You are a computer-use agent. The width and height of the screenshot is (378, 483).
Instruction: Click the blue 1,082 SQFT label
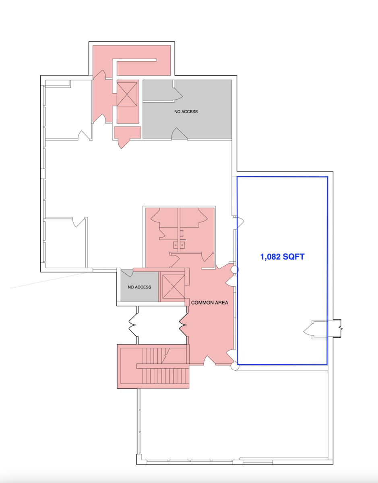click(282, 257)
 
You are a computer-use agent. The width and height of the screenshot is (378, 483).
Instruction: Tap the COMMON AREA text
click(210, 303)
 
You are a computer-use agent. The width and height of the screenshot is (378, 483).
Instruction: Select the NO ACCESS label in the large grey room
click(186, 111)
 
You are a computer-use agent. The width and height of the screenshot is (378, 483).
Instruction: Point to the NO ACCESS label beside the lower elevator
click(139, 287)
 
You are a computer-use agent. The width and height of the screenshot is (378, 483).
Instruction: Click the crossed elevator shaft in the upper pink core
click(127, 95)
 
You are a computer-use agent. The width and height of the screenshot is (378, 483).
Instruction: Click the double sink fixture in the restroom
click(179, 245)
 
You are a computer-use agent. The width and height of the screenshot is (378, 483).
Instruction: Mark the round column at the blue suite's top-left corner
click(235, 270)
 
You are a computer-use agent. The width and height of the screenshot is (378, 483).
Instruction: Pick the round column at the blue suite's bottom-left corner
click(235, 366)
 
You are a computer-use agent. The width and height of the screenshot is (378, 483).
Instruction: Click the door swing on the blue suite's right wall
click(311, 330)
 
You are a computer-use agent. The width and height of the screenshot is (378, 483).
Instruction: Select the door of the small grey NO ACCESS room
click(127, 273)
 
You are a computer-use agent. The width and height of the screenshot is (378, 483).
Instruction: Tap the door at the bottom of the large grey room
click(179, 134)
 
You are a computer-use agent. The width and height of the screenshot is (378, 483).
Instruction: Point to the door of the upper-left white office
click(84, 135)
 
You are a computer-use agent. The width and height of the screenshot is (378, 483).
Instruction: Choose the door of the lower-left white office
click(79, 222)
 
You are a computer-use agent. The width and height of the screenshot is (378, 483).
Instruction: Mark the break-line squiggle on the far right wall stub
click(341, 328)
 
